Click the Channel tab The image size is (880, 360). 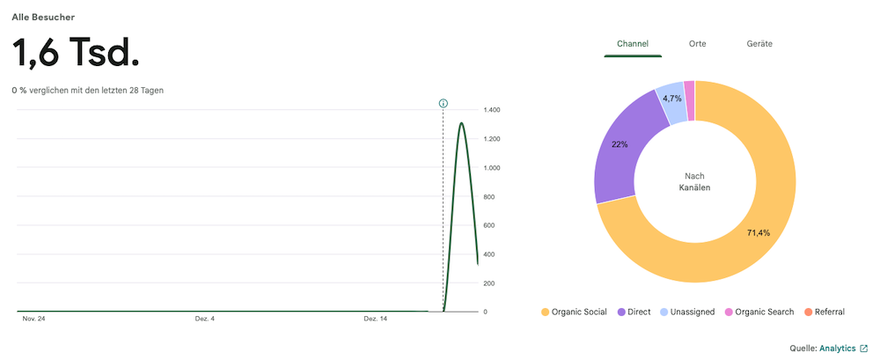(632, 43)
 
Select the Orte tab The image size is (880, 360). (697, 43)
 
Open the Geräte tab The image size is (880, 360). (759, 43)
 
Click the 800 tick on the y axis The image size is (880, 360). (492, 197)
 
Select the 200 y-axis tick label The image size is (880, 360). (492, 283)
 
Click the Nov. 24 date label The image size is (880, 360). (33, 319)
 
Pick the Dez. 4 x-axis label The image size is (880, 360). (205, 319)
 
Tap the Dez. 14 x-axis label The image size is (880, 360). (376, 319)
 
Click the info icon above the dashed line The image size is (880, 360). (444, 103)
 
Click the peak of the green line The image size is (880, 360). (461, 123)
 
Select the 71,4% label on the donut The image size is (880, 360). (758, 233)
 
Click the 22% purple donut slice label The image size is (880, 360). (620, 144)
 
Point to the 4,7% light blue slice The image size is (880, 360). (671, 99)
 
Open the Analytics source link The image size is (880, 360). (837, 349)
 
